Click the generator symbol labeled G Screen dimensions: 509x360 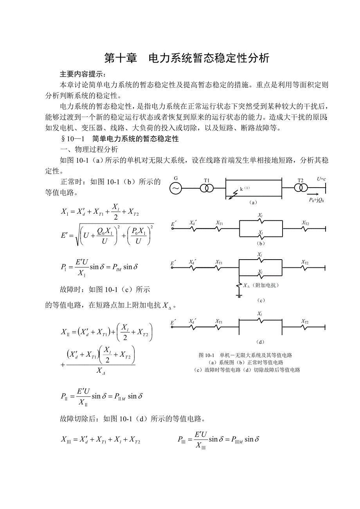176,189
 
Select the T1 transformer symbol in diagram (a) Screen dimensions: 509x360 207,188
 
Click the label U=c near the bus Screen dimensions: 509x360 321,179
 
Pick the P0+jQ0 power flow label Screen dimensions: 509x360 317,200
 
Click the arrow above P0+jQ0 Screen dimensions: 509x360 313,194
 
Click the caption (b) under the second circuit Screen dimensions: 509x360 260,243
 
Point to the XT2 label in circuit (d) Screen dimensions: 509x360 305,321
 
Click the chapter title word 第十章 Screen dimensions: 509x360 121,58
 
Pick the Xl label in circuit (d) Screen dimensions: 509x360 260,314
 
